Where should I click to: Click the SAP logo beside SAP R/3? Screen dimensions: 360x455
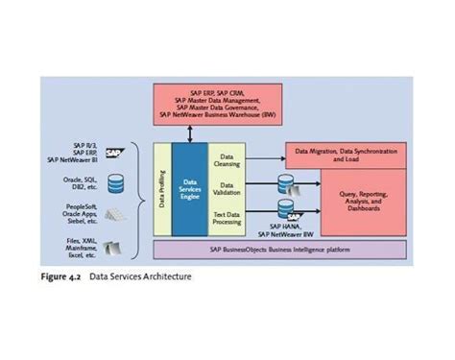[114, 152]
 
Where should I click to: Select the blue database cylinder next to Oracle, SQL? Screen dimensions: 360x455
[114, 181]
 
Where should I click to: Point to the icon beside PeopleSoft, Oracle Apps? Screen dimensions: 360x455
[114, 213]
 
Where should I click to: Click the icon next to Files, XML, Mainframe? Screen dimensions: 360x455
[114, 247]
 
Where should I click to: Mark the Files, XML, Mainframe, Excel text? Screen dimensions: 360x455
[77, 247]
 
